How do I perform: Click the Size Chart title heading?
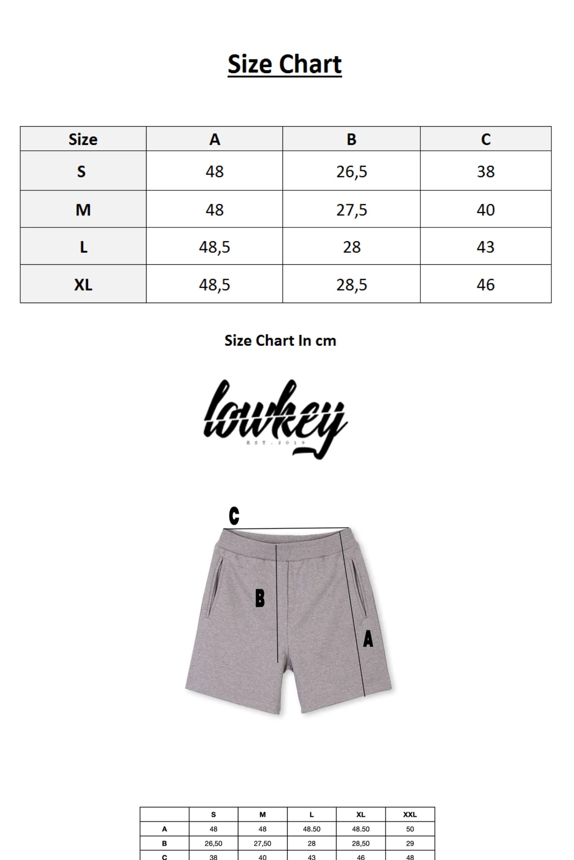(x=284, y=64)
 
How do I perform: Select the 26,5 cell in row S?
(x=351, y=172)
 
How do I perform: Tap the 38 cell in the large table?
(x=486, y=172)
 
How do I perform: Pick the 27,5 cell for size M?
(x=351, y=210)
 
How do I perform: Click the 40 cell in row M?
(x=486, y=210)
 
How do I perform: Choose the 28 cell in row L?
(x=351, y=247)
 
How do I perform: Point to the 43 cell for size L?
(x=486, y=247)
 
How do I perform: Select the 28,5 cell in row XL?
(x=351, y=285)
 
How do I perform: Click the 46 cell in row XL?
(x=486, y=285)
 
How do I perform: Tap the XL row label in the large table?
(x=83, y=285)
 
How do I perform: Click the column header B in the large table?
(x=351, y=140)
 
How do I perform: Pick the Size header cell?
(x=83, y=140)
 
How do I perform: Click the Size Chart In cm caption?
(x=280, y=341)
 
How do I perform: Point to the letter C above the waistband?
(x=234, y=516)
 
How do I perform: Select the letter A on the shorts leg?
(x=368, y=638)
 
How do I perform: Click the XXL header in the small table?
(x=410, y=815)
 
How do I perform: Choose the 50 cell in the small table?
(x=410, y=829)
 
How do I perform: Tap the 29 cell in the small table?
(x=410, y=844)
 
